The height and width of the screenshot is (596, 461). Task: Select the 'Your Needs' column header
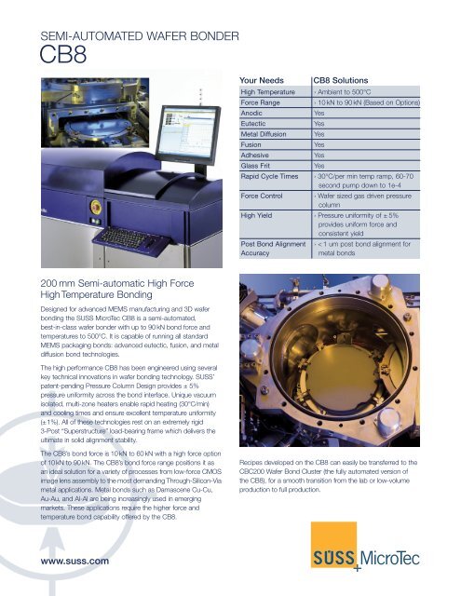(264, 80)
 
